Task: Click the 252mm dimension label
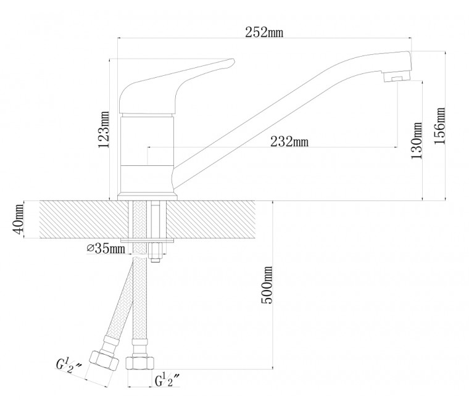pos(264,32)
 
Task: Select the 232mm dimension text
pos(289,141)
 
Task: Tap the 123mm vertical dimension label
pos(104,130)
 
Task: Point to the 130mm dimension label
pos(417,141)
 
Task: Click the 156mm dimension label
pos(439,126)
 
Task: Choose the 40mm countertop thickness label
pos(19,219)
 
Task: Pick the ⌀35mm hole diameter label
pos(106,249)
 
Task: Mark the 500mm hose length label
pos(267,285)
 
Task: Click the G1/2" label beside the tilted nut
pos(69,366)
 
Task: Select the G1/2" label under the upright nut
pos(167,380)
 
